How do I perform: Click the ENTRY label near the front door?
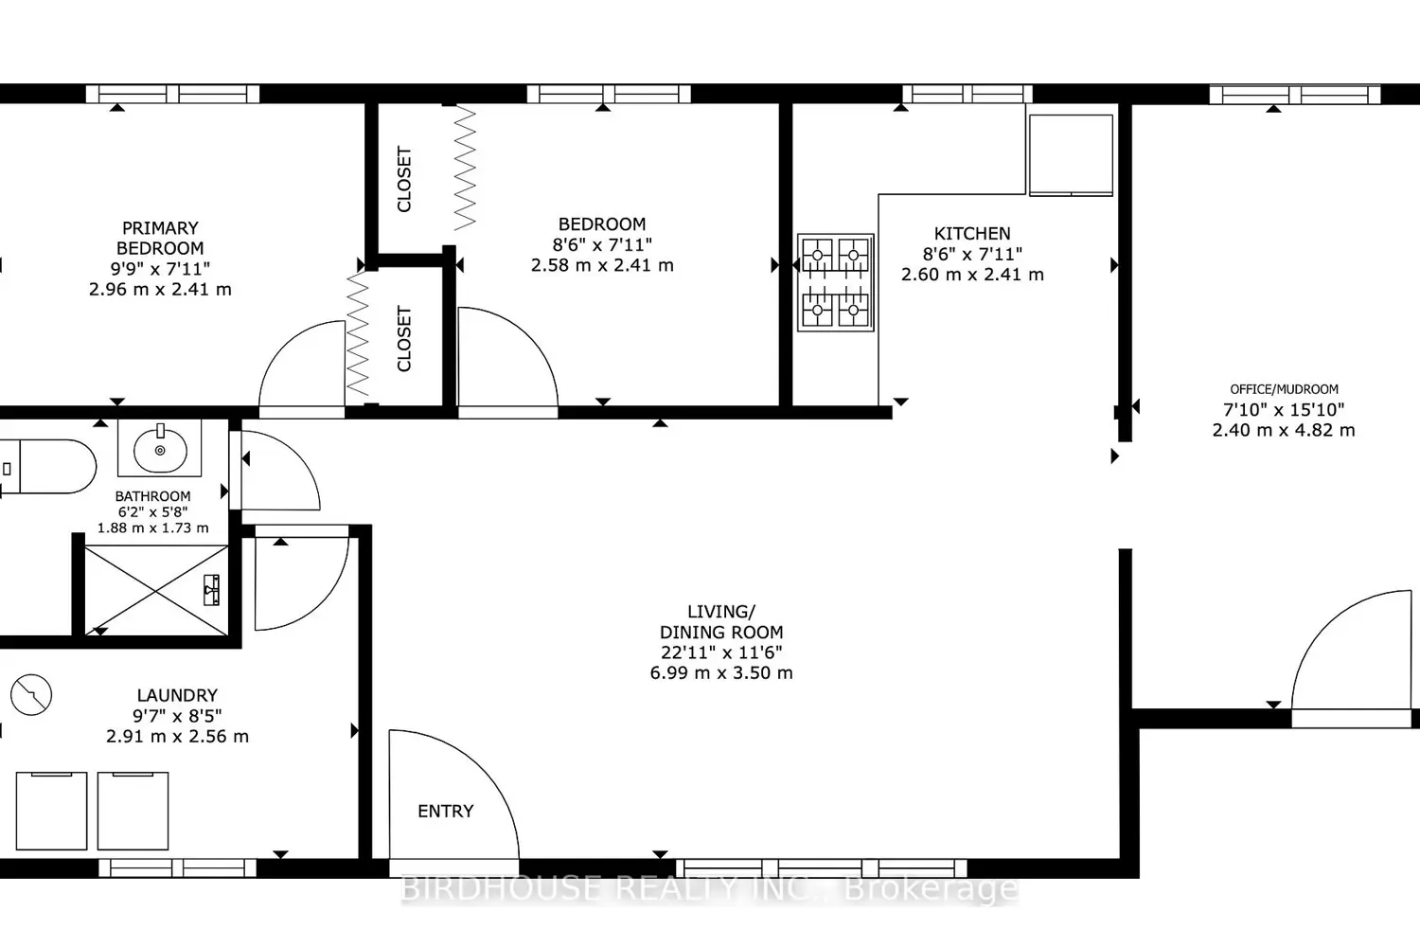[x=445, y=811]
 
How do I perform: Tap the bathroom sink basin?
[x=160, y=449]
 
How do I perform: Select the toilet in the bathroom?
[x=48, y=467]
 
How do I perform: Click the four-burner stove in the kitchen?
[x=836, y=282]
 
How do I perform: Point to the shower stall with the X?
[x=156, y=591]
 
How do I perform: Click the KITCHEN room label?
[x=972, y=233]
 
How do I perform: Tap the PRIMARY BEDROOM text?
[x=160, y=238]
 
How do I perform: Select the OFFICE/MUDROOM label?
[x=1284, y=389]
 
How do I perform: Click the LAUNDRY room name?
[x=177, y=695]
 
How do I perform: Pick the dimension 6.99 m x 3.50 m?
[x=721, y=672]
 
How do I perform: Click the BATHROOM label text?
[x=152, y=496]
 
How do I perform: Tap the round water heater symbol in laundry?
[x=31, y=694]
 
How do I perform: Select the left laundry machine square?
[x=51, y=811]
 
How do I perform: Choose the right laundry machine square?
[x=133, y=811]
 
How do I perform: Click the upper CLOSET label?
[x=404, y=179]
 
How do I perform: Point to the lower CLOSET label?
[x=404, y=339]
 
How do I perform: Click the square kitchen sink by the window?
[x=1071, y=154]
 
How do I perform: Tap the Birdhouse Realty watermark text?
[x=710, y=888]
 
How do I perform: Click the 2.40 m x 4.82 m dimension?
[x=1284, y=430]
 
